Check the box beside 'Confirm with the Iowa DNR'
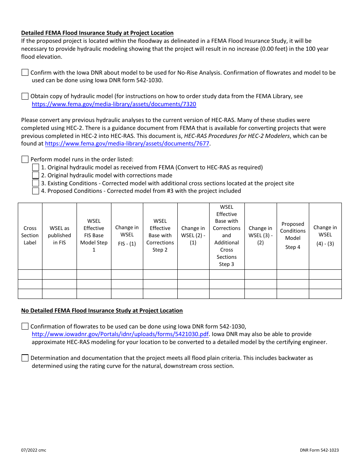25,72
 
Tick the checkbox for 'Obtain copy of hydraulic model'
25,96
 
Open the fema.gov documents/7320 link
114,104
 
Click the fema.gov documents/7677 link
127,144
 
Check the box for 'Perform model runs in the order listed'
25,160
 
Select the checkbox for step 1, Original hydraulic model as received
36,167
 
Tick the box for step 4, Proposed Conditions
36,191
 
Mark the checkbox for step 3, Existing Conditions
36,183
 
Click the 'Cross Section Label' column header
30,235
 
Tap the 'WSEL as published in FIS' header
59,235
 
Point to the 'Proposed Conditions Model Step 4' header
293,235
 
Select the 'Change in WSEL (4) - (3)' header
325,235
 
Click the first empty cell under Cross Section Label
30,275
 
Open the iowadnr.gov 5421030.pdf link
120,334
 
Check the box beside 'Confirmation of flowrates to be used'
25,326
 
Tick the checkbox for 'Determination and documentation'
25,358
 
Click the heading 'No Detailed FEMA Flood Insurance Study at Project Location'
102,311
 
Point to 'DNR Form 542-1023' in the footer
319,450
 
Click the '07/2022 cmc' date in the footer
34,450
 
